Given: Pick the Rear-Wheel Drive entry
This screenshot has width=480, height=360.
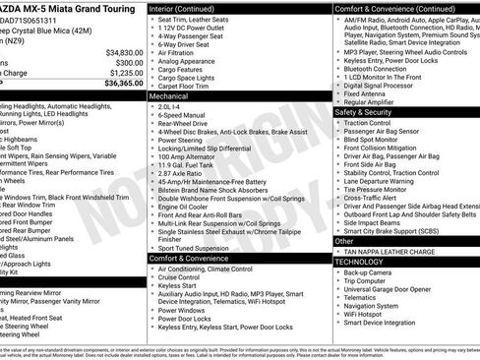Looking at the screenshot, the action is coord(189,128).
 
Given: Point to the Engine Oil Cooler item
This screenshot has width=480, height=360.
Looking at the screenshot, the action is coord(191,208).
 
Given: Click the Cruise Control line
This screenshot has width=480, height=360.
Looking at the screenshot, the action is coord(186,278).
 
